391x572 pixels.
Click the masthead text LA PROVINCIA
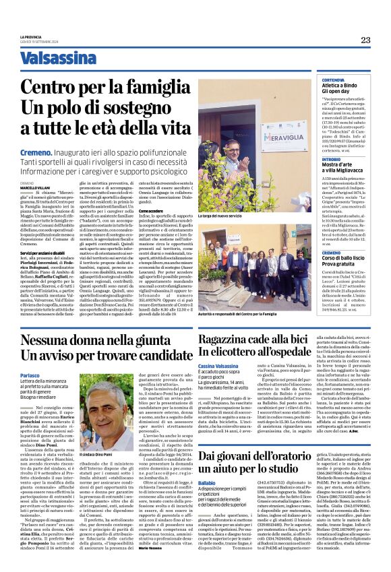click(x=30, y=36)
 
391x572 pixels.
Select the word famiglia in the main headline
click(x=147, y=87)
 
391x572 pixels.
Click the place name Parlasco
click(x=31, y=375)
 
